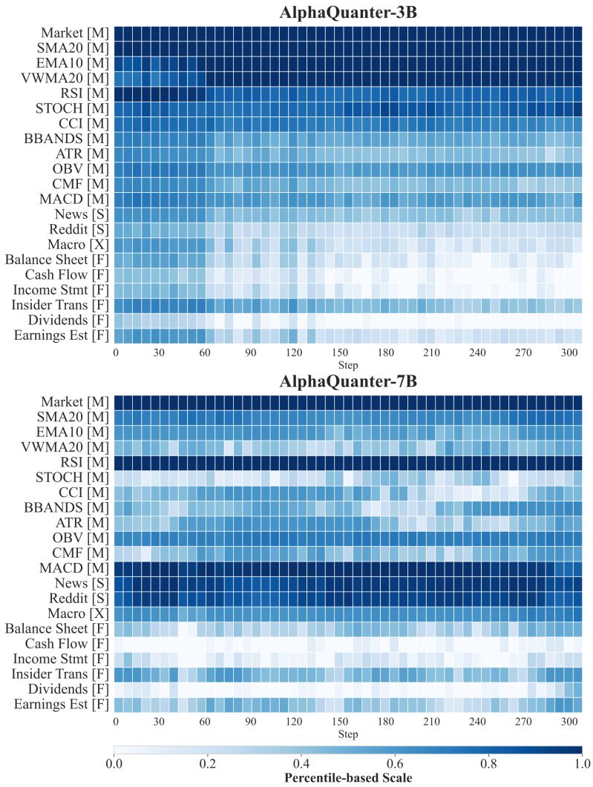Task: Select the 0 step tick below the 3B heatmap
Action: (x=116, y=353)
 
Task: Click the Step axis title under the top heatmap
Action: (x=347, y=365)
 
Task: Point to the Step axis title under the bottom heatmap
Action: (x=347, y=734)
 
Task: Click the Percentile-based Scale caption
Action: (x=347, y=777)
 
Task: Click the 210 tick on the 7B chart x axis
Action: (x=436, y=722)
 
